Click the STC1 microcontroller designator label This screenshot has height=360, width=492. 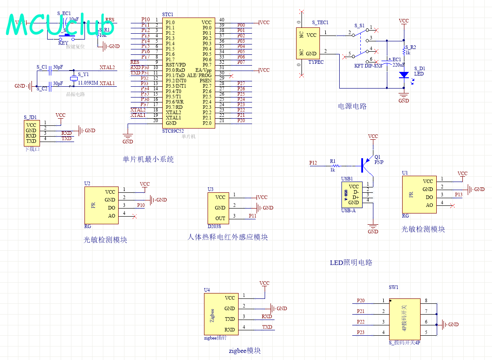[x=168, y=15]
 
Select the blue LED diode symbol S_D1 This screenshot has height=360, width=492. [x=403, y=75]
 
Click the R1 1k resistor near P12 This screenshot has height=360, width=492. [x=333, y=165]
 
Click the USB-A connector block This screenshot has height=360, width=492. [x=351, y=195]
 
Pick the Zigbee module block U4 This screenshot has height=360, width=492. [x=220, y=314]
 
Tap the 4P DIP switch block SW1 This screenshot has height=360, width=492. [x=404, y=319]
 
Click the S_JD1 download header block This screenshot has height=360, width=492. [x=31, y=133]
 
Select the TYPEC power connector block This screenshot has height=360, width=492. [x=308, y=44]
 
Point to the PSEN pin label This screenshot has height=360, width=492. [x=205, y=81]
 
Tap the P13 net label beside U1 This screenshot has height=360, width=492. [x=458, y=195]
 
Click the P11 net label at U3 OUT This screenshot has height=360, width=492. [x=253, y=216]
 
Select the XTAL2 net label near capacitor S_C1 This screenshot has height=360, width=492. [x=107, y=67]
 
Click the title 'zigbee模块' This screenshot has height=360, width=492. [x=244, y=351]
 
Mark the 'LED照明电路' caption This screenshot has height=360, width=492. [x=351, y=262]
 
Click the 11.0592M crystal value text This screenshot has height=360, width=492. [x=88, y=83]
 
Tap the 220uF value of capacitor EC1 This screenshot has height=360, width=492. [x=399, y=65]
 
